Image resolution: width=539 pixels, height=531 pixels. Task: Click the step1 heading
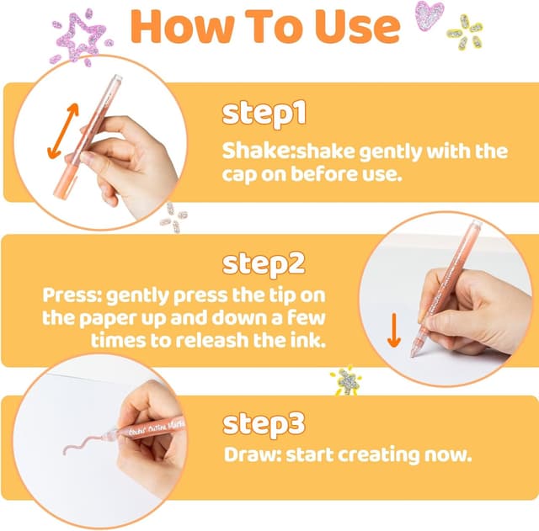tap(264, 114)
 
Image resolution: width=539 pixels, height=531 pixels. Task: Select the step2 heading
tap(264, 263)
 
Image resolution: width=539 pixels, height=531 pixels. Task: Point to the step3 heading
tap(264, 424)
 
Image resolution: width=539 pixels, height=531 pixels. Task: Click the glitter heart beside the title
tap(429, 15)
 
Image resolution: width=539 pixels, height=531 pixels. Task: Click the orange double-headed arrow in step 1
tap(63, 131)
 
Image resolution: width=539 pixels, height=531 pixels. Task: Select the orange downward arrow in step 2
tap(394, 330)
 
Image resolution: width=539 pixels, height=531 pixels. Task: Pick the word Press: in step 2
tap(72, 295)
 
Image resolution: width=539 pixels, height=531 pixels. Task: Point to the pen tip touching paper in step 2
tap(413, 355)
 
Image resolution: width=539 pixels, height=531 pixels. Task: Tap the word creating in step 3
tap(379, 456)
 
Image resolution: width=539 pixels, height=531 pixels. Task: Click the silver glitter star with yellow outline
tap(347, 380)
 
